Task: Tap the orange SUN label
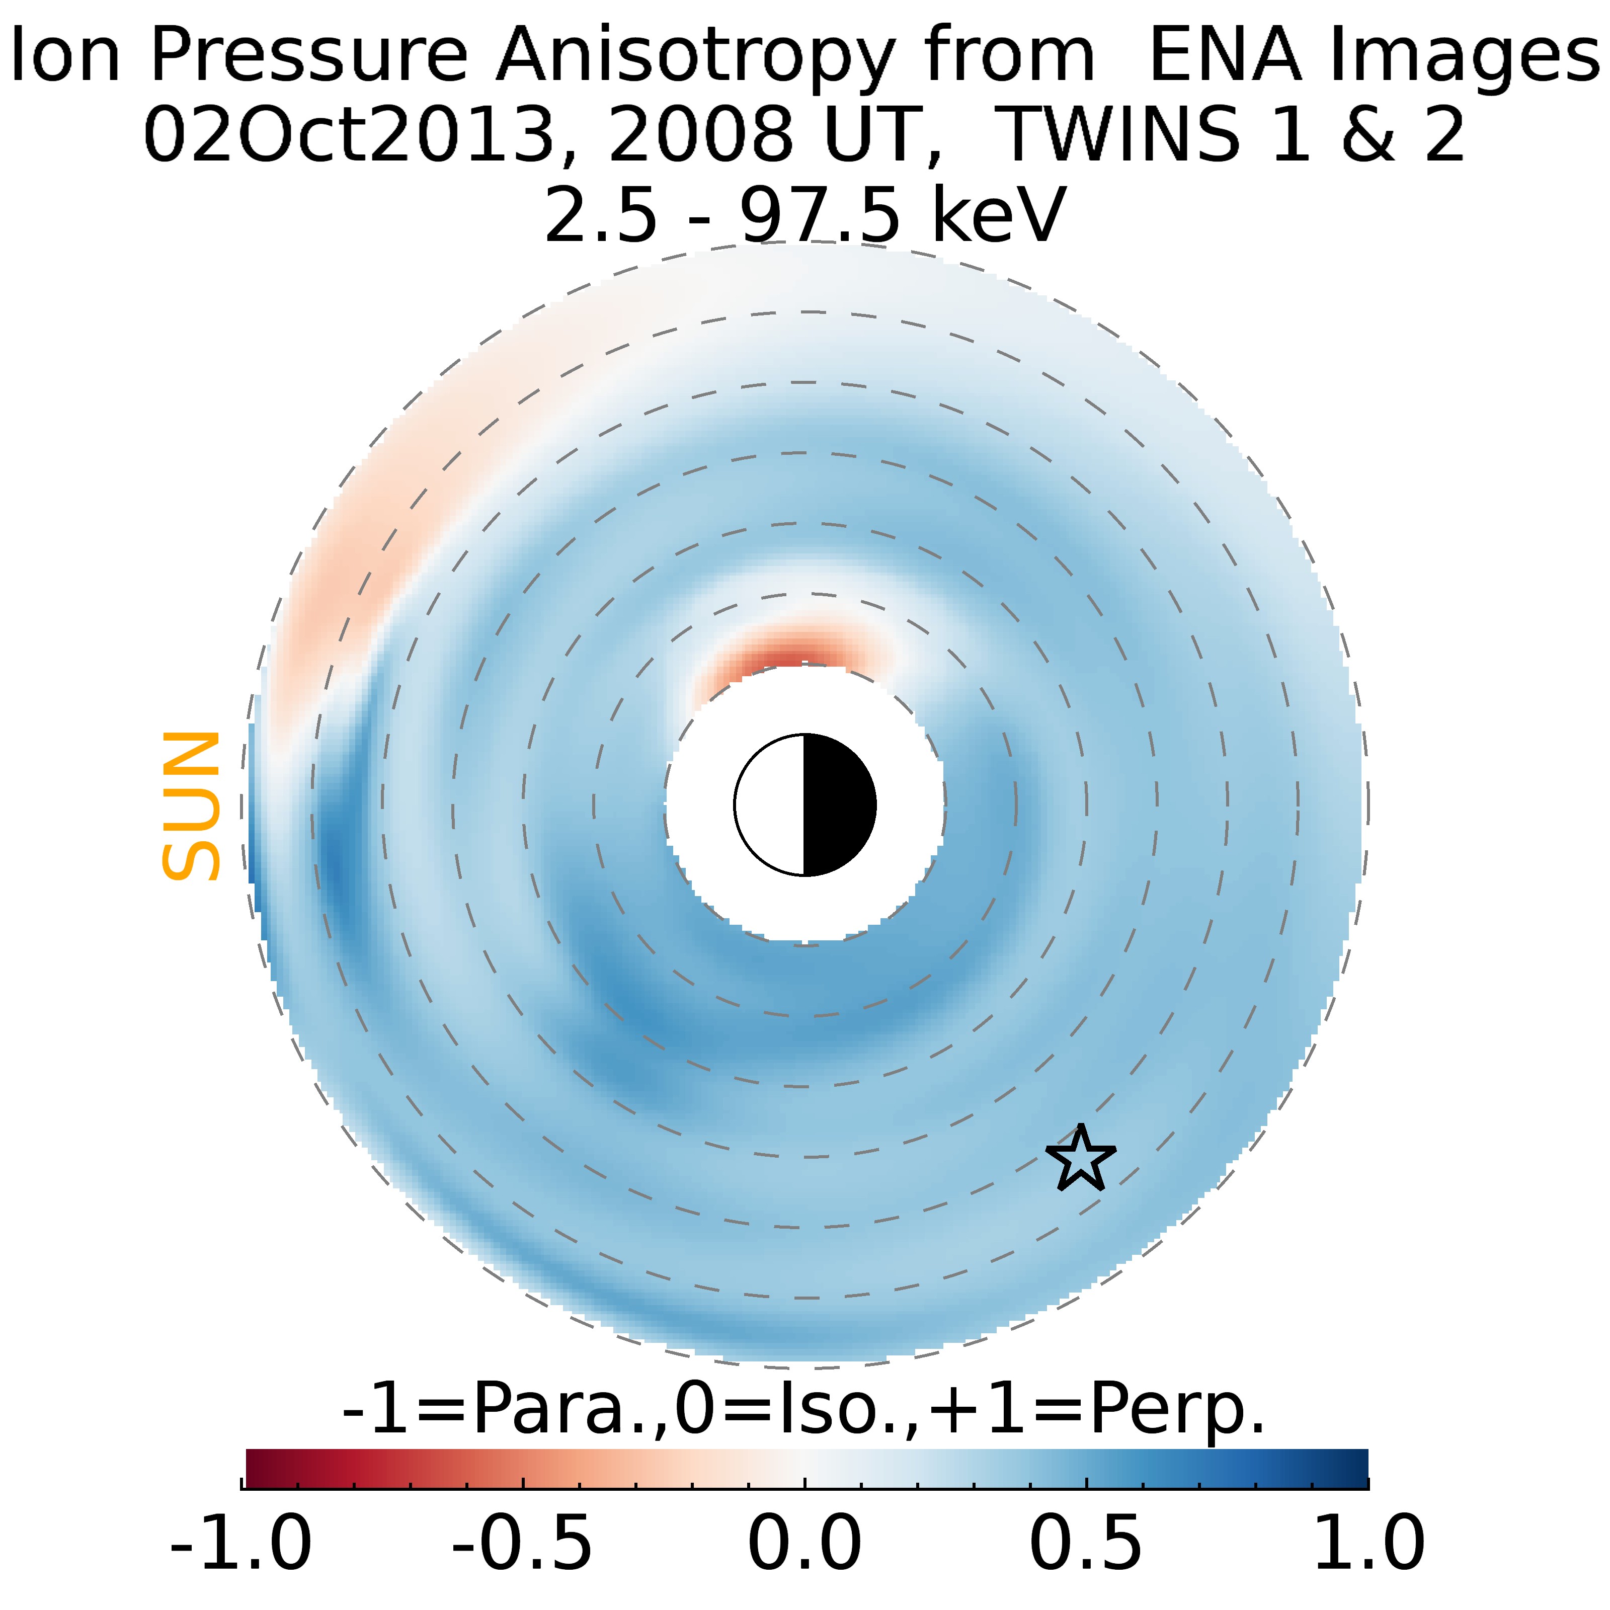(x=191, y=806)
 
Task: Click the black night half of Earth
(x=838, y=805)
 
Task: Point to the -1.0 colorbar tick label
(x=241, y=1543)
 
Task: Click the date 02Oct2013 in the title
(x=348, y=136)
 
